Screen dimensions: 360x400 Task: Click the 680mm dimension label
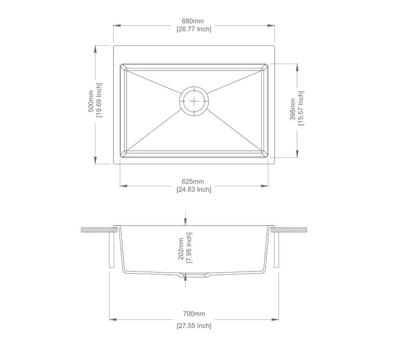193,21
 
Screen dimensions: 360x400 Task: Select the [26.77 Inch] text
193,29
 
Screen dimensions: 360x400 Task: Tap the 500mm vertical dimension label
91,101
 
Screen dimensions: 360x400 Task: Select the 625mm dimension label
193,182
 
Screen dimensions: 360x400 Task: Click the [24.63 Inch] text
193,190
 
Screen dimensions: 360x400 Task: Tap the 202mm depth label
181,249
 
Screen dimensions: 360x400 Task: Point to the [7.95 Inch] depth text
189,248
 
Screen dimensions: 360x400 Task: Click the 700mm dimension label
193,314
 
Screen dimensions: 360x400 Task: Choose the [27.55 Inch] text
193,326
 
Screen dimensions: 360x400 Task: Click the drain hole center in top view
194,101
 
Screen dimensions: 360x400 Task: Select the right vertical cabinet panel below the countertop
276,250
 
